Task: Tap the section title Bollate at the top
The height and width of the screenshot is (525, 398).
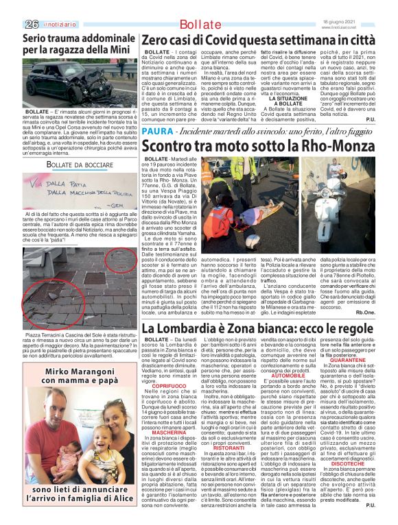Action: point(198,25)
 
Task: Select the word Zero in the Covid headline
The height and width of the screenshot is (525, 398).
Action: point(157,40)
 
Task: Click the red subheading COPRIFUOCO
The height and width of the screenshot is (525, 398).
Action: point(169,386)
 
